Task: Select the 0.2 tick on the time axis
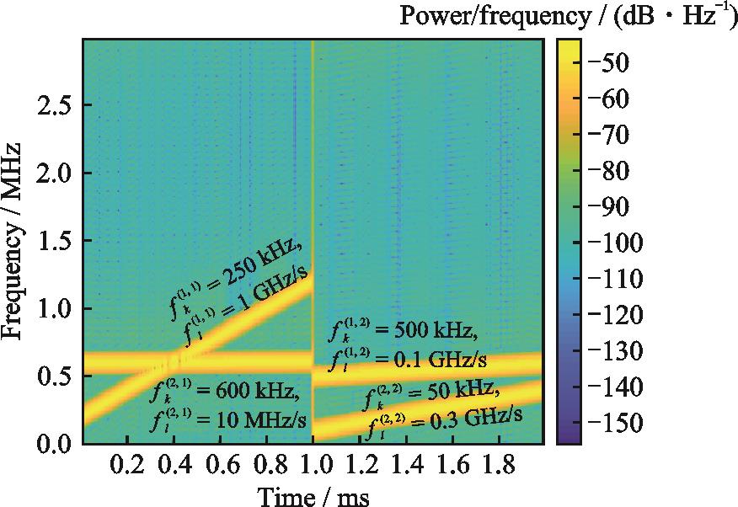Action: click(127, 466)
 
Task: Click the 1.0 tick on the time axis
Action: click(313, 466)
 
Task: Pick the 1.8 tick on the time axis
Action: click(498, 466)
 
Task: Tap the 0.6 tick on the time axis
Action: click(220, 466)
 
